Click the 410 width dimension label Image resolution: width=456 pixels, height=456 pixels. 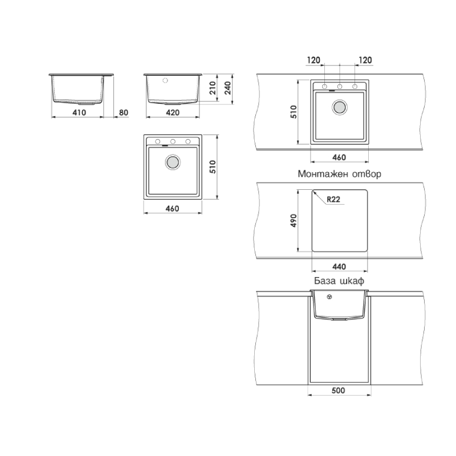click(x=79, y=112)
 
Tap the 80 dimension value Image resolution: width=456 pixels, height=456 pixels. click(x=124, y=112)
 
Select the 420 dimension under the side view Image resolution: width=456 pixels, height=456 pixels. click(x=173, y=112)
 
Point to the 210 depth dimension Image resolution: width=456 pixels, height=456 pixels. click(x=213, y=88)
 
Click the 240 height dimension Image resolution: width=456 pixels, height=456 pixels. click(x=227, y=88)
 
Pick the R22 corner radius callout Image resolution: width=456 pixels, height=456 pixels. click(x=333, y=199)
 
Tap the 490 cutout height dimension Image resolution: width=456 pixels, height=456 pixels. click(x=294, y=221)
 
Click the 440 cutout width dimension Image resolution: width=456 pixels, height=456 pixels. click(x=339, y=267)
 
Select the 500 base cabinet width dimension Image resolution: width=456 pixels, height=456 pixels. click(x=338, y=390)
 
